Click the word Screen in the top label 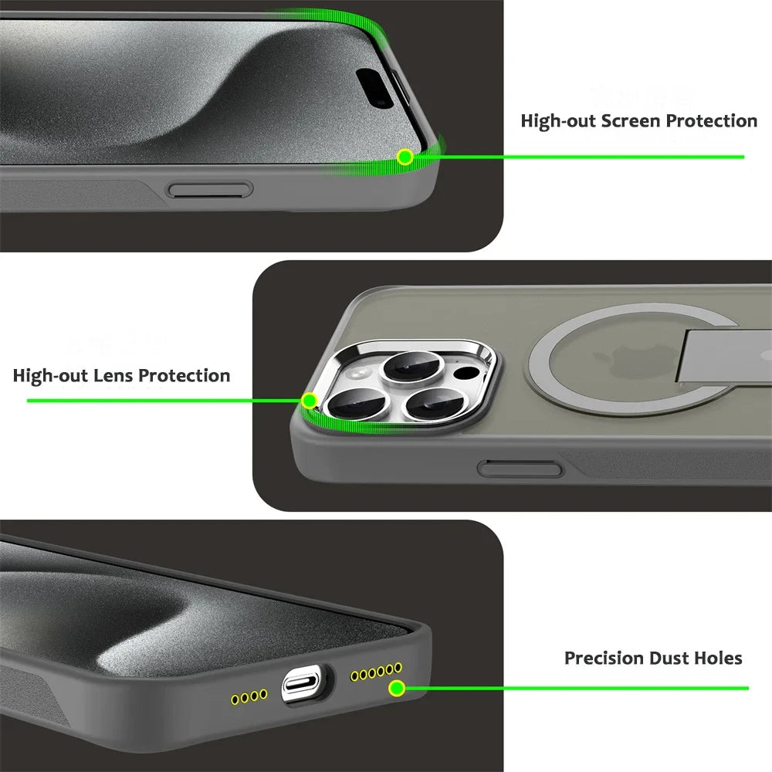click(631, 121)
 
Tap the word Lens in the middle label click(112, 376)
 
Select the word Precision click(604, 659)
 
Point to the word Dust click(669, 659)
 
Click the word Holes click(718, 659)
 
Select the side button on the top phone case click(211, 189)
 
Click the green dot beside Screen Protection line click(404, 157)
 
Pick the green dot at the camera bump click(309, 401)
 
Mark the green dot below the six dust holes click(396, 688)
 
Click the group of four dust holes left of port click(249, 696)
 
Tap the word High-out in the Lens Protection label click(49, 376)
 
